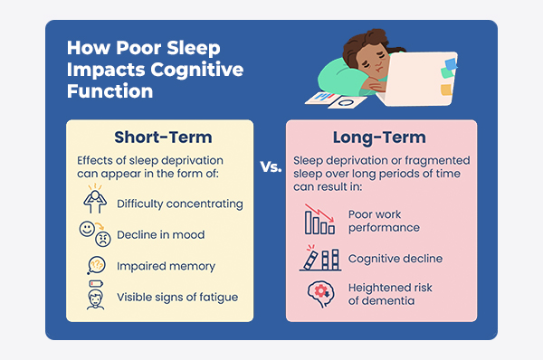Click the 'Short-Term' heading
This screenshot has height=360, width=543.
163,138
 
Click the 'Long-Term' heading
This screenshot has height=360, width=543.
380,138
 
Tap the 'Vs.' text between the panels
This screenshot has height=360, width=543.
271,167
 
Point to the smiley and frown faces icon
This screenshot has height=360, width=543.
93,234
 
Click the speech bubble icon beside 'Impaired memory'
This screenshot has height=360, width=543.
94,266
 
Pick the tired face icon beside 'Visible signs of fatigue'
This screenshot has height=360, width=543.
94,297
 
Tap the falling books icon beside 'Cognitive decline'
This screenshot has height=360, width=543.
319,259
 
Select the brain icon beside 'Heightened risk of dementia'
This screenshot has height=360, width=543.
319,295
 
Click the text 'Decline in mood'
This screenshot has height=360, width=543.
160,235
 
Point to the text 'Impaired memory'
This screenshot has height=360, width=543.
166,266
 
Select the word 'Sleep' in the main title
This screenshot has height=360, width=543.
190,49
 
